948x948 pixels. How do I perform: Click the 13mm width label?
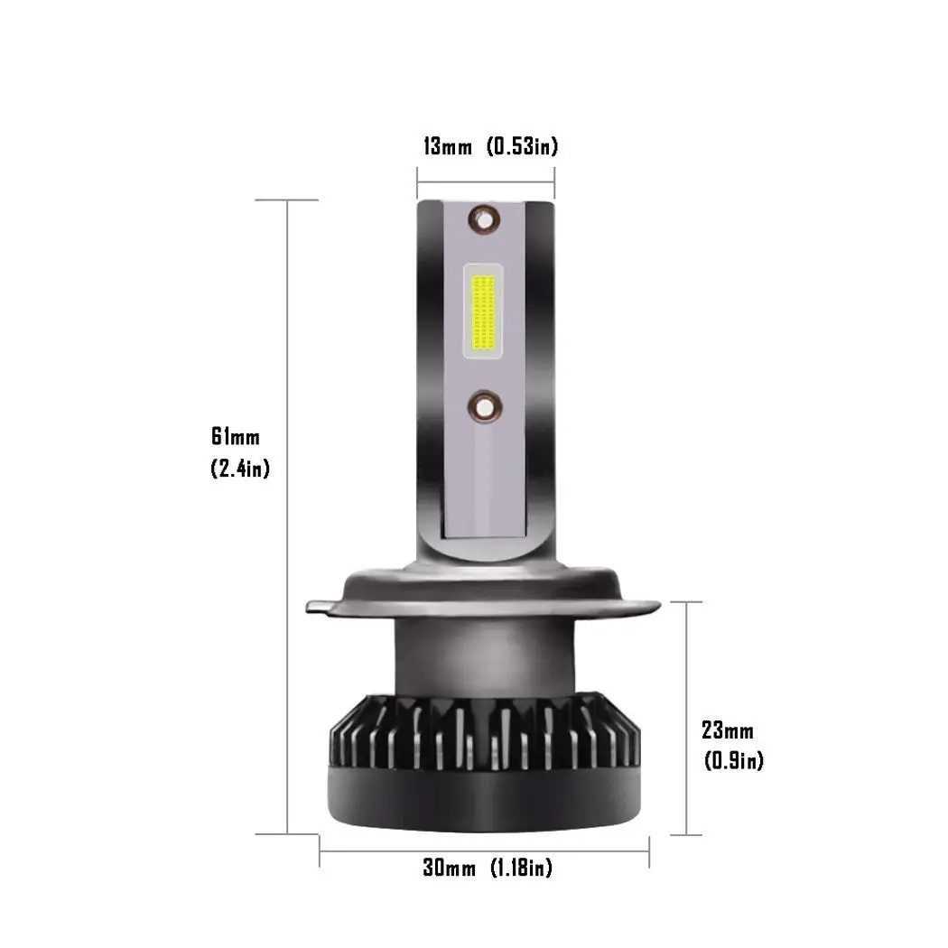pyautogui.click(x=448, y=146)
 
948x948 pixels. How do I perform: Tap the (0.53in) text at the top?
pyautogui.click(x=523, y=146)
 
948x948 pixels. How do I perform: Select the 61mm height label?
pyautogui.click(x=236, y=436)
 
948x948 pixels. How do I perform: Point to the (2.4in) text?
pyautogui.click(x=240, y=468)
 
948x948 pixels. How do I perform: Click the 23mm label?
pyautogui.click(x=728, y=730)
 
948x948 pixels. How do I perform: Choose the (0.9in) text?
pyautogui.click(x=734, y=760)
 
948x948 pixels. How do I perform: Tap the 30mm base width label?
pyautogui.click(x=450, y=869)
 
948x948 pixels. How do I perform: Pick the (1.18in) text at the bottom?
pyautogui.click(x=521, y=869)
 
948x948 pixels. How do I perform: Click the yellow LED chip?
pyautogui.click(x=483, y=312)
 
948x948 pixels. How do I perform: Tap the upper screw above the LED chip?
pyautogui.click(x=484, y=220)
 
